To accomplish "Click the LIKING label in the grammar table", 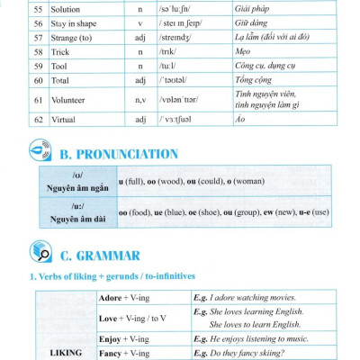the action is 59,355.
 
